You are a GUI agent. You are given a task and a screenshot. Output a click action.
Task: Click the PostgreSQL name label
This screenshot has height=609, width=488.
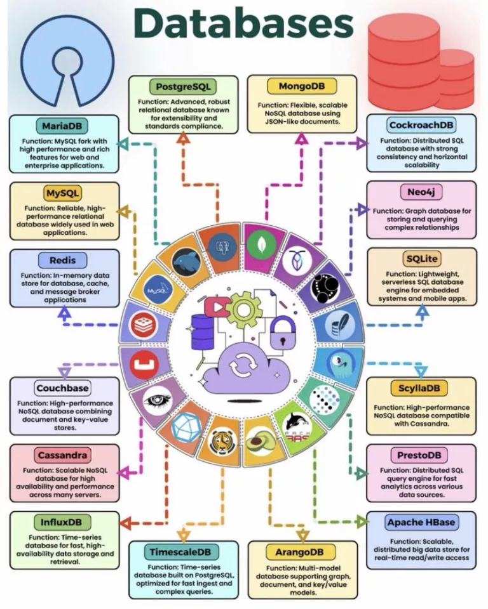[x=183, y=86]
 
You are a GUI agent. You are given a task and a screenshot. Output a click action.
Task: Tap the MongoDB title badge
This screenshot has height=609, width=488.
[x=302, y=86]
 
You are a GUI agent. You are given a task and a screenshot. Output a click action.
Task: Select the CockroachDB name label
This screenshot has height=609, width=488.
[x=421, y=125]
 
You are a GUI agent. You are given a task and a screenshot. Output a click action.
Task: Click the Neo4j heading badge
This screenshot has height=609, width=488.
[x=421, y=192]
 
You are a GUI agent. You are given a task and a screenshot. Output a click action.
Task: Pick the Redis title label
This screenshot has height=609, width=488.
[x=63, y=260]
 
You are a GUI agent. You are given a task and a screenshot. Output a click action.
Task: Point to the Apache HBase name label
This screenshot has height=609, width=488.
[x=421, y=522]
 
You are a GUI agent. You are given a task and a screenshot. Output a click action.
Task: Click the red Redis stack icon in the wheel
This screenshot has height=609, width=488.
[x=144, y=324]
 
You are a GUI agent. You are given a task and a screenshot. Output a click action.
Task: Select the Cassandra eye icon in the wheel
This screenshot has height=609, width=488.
[x=158, y=400]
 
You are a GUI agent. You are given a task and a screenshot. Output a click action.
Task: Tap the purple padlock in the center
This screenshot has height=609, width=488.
[x=283, y=333]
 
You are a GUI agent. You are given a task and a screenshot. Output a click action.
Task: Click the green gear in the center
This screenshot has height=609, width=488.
[x=243, y=309]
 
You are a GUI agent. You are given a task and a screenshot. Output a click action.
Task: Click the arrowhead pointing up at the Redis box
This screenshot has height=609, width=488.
[x=65, y=313]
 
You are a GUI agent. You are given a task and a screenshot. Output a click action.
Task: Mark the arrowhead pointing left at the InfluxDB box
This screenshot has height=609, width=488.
[x=126, y=523]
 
